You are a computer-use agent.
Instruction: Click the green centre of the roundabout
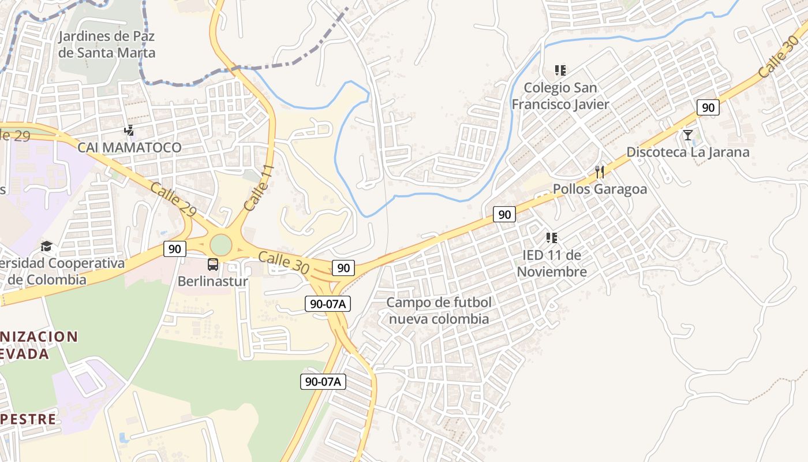pos(220,244)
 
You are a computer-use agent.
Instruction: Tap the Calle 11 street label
pos(258,188)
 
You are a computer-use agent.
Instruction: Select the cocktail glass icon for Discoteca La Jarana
pos(687,135)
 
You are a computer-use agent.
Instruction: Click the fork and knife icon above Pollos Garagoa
pos(600,172)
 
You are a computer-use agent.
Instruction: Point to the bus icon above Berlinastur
pos(213,264)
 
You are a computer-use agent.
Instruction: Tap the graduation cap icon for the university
pos(46,247)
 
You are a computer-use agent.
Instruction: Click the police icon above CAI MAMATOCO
pos(129,131)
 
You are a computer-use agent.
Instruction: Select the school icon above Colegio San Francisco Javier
pos(560,70)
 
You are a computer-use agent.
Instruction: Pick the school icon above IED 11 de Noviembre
pos(551,237)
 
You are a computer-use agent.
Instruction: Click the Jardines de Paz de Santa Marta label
pos(107,44)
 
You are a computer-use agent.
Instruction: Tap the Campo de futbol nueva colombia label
pos(439,311)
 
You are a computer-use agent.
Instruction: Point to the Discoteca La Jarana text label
pos(688,152)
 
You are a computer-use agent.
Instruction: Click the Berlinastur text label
pos(213,282)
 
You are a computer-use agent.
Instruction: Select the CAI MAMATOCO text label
pos(130,148)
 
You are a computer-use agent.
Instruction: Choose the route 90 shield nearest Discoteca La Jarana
pos(708,107)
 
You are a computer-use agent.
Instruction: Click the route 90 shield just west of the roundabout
pos(174,249)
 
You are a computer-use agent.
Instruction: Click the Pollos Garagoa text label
pos(600,189)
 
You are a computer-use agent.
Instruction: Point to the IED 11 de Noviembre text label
pos(552,263)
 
